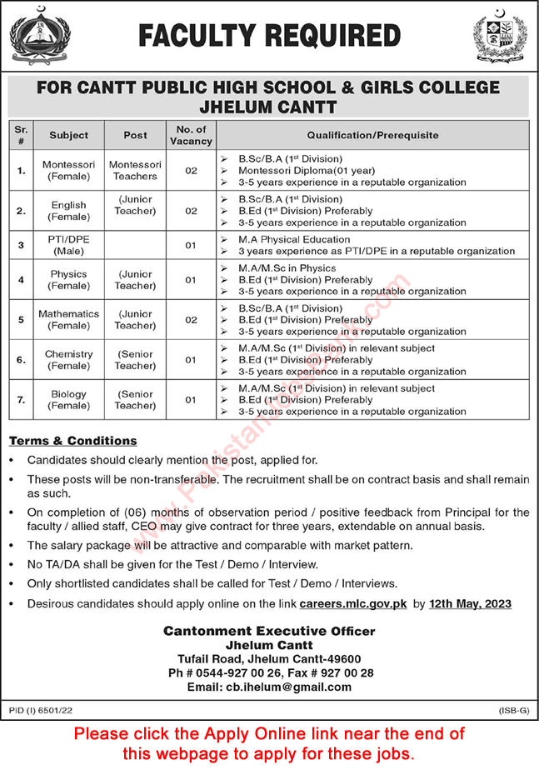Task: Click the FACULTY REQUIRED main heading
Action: point(269,36)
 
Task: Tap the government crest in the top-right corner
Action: point(500,37)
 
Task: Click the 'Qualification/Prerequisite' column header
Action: point(372,135)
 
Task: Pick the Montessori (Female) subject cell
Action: point(68,170)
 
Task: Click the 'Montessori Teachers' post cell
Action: point(135,170)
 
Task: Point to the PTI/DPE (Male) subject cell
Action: point(68,245)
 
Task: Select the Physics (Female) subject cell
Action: point(68,279)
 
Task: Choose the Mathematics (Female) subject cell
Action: point(68,319)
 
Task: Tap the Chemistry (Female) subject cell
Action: point(68,359)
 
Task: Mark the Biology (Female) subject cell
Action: point(68,399)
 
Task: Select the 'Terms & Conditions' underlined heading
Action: point(73,441)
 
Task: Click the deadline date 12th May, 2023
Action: point(470,603)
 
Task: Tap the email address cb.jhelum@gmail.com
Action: point(268,687)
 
